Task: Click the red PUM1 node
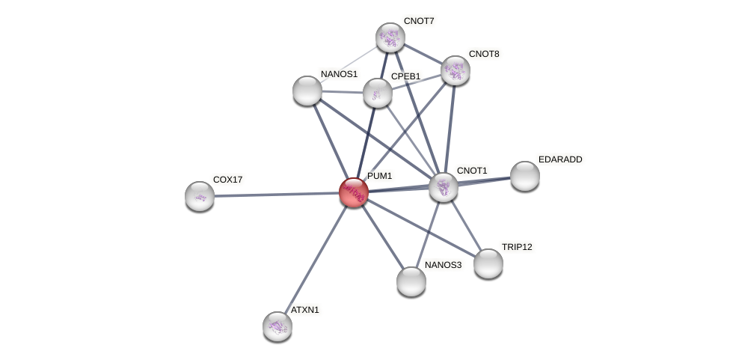354,192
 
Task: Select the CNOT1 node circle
444,187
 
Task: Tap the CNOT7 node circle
390,37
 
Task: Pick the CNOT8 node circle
455,70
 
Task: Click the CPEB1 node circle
378,93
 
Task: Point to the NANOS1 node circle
307,91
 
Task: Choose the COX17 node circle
200,196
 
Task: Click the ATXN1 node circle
277,326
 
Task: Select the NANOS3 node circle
411,281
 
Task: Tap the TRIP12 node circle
488,263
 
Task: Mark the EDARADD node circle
525,176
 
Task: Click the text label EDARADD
560,159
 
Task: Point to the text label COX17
227,180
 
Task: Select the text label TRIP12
517,247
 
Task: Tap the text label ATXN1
305,310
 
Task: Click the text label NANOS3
444,265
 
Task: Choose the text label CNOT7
419,21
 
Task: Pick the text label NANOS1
340,74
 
